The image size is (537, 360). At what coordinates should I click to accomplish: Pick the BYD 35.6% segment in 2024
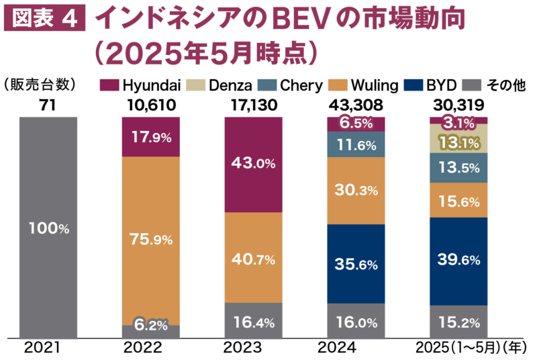pyautogui.click(x=356, y=263)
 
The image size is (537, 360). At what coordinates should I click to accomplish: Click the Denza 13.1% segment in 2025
pyautogui.click(x=458, y=142)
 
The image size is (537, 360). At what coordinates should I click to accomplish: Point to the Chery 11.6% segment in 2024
pyautogui.click(x=356, y=144)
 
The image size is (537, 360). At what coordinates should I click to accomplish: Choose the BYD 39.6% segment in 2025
pyautogui.click(x=458, y=260)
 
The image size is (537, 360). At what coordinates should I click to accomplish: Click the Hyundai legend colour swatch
pyautogui.click(x=109, y=85)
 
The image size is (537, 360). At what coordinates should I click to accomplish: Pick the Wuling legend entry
pyautogui.click(x=377, y=85)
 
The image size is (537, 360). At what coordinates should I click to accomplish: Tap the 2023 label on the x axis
pyautogui.click(x=254, y=348)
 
